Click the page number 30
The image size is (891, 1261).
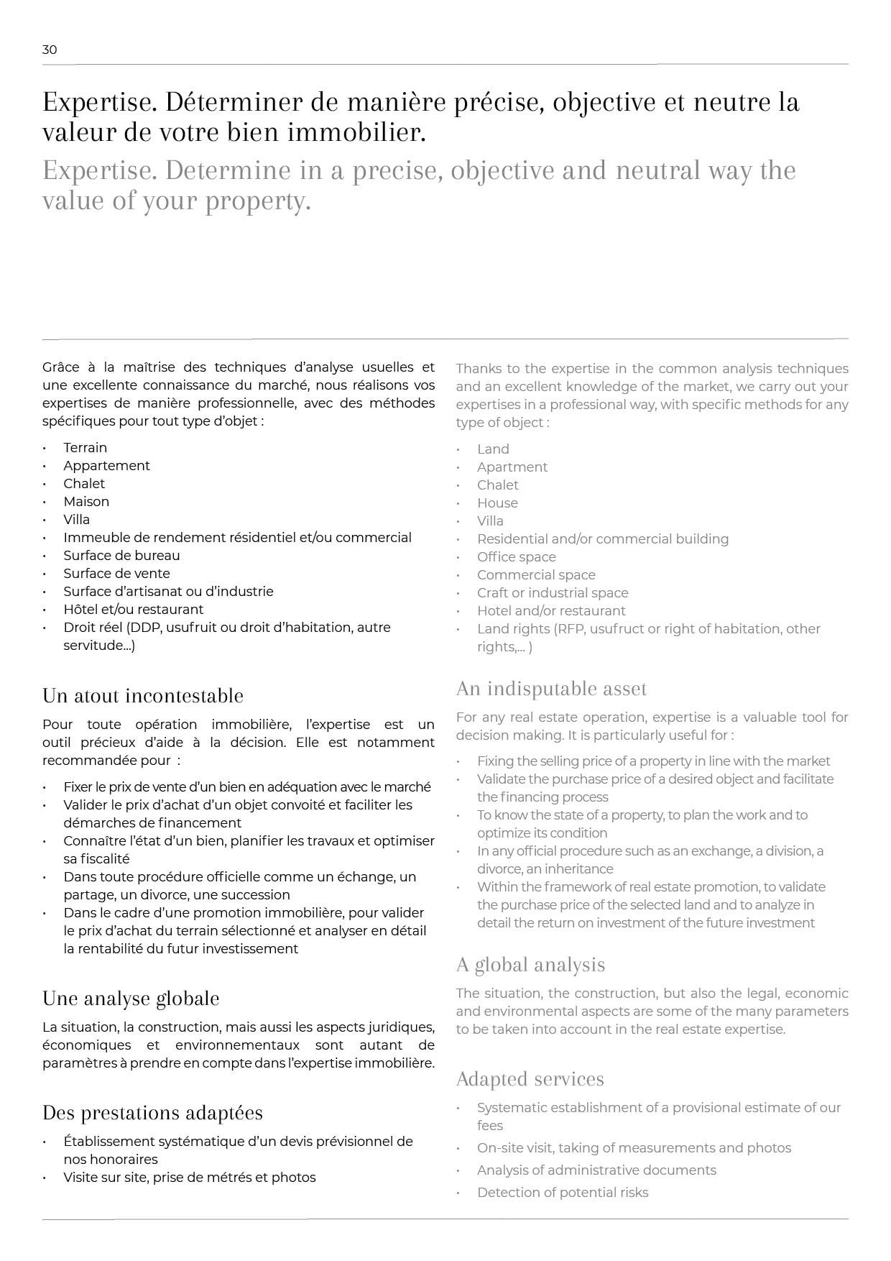point(50,50)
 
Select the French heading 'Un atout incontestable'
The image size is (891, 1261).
point(143,696)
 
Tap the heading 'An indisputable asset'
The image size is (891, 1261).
point(551,689)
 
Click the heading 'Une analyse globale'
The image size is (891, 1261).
point(131,999)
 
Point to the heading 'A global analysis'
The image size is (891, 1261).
point(530,965)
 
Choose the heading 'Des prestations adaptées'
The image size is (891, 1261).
point(152,1113)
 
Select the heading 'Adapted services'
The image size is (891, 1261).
point(530,1079)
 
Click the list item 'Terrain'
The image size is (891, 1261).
point(85,447)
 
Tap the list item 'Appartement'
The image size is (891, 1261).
point(106,465)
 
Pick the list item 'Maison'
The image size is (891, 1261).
point(86,501)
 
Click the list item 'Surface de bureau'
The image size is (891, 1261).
point(121,555)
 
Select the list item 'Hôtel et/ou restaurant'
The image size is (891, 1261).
point(133,609)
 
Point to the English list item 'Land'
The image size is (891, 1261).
point(493,449)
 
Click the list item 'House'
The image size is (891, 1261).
point(497,503)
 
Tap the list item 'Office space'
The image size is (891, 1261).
point(516,556)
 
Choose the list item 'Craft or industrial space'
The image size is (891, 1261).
point(553,592)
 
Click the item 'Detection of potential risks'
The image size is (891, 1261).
point(563,1192)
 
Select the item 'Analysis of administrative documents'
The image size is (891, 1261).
point(596,1170)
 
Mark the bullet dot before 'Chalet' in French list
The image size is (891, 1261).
point(45,484)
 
